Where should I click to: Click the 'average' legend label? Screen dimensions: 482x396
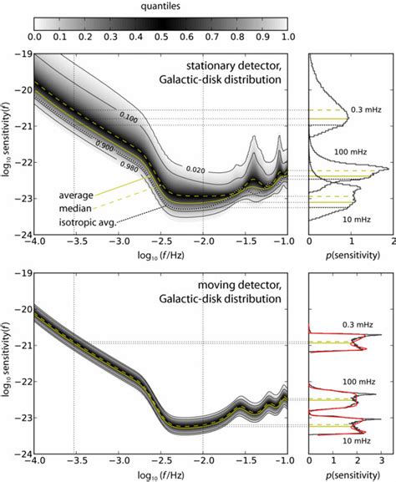[x=76, y=195]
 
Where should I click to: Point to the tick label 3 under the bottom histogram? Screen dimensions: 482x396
[x=381, y=459]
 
